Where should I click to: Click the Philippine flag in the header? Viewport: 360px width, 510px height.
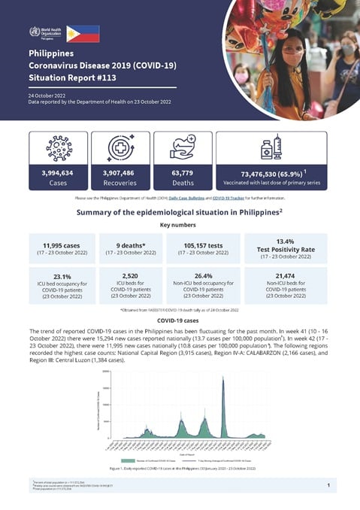pos(83,32)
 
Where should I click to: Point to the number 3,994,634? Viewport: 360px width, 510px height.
pos(59,173)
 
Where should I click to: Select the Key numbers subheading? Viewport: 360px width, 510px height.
pos(180,224)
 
